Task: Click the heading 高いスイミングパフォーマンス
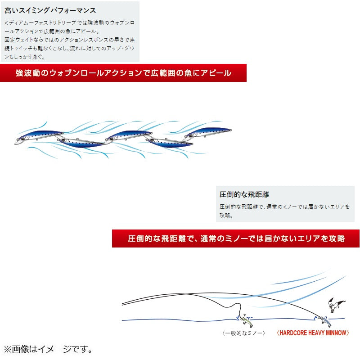[50, 10]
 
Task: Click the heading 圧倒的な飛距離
[244, 194]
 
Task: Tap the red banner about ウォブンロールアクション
[123, 73]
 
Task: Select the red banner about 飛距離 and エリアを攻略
[236, 238]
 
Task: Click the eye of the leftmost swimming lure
[23, 139]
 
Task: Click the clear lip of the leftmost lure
[17, 142]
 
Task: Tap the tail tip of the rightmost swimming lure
[230, 130]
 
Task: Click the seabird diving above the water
[335, 305]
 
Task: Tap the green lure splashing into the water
[246, 320]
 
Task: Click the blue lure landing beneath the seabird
[324, 321]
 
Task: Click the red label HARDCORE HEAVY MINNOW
[313, 333]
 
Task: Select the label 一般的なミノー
[243, 333]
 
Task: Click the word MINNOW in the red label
[336, 333]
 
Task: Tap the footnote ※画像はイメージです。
[48, 349]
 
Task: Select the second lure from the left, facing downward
[81, 142]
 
